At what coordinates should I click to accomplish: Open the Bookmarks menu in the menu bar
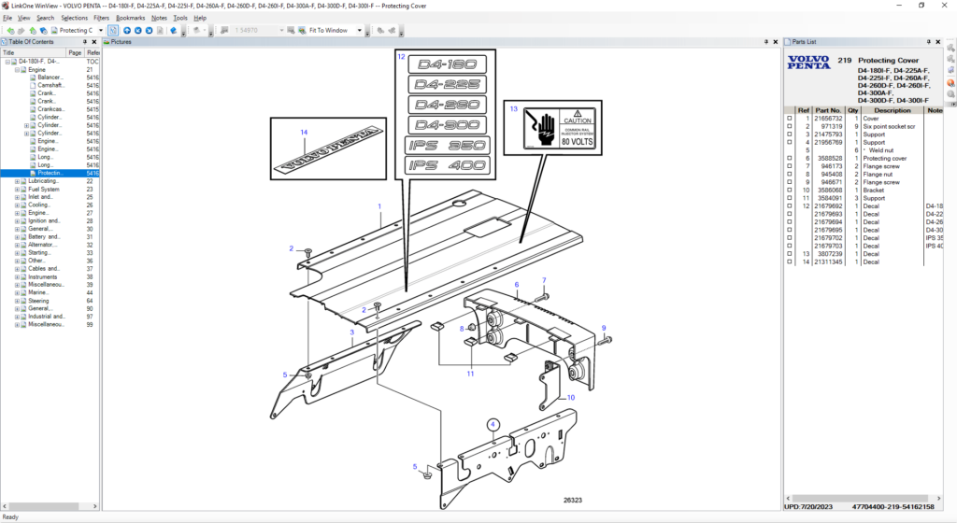click(x=130, y=18)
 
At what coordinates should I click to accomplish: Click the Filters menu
click(x=101, y=18)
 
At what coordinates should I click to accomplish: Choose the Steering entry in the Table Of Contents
click(x=38, y=301)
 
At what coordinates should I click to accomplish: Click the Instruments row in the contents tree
click(x=43, y=276)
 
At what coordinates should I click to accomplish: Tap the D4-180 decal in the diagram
click(x=446, y=65)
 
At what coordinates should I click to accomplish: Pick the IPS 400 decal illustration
click(x=446, y=165)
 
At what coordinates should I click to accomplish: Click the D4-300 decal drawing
click(x=446, y=124)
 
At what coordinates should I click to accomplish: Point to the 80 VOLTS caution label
click(x=550, y=128)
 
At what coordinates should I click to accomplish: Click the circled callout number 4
click(x=493, y=424)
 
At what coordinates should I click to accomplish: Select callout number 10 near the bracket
click(x=569, y=398)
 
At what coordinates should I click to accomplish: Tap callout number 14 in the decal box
click(x=304, y=133)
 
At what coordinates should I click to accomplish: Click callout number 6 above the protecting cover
click(x=516, y=285)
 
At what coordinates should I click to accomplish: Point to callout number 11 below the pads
click(x=471, y=374)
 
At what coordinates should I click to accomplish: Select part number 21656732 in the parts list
click(x=827, y=119)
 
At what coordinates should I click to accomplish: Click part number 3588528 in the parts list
click(x=829, y=159)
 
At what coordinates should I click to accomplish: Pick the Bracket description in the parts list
click(x=874, y=191)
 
